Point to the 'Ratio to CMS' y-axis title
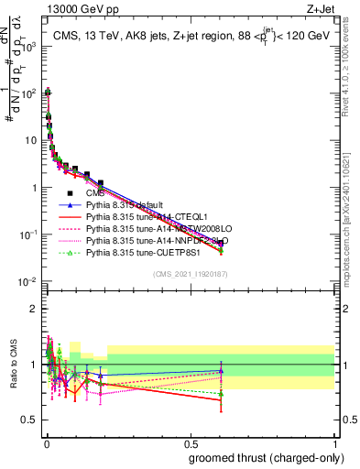(14, 365)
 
